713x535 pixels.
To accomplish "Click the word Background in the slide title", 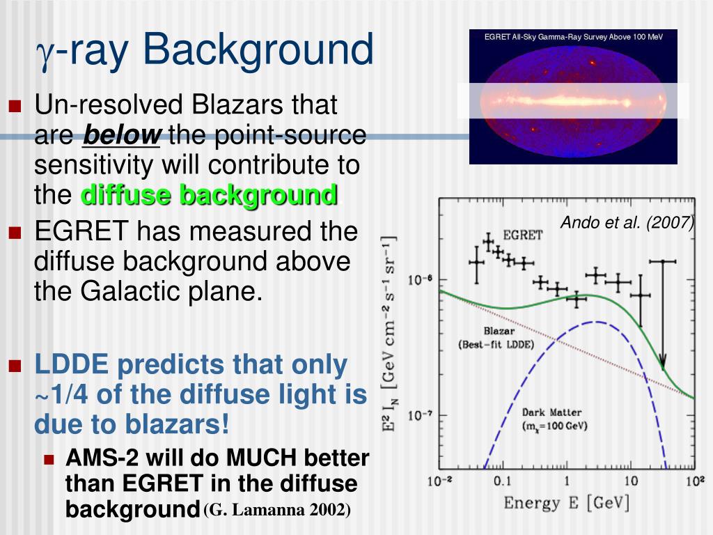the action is (258, 49).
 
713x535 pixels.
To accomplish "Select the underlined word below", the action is (121, 134).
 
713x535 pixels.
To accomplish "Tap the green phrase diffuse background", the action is (209, 195).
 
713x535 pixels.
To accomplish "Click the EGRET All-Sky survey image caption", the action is (574, 37).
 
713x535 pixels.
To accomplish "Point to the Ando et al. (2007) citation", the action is (627, 222).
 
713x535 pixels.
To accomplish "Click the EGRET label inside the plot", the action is (522, 235).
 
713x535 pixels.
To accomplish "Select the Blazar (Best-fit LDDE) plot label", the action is (496, 338).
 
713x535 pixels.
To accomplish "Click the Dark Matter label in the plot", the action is (554, 419).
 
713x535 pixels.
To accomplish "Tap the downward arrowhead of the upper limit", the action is (663, 363).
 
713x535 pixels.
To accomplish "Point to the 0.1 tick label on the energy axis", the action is (502, 481).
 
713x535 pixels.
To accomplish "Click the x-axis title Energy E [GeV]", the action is (567, 503).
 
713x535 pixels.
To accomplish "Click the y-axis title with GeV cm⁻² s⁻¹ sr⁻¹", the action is (389, 334).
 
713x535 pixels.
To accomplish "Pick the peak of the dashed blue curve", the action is (596, 322).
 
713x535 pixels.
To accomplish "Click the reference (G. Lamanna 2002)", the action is (277, 509).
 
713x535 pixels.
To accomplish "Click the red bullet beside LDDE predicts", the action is (15, 365).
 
